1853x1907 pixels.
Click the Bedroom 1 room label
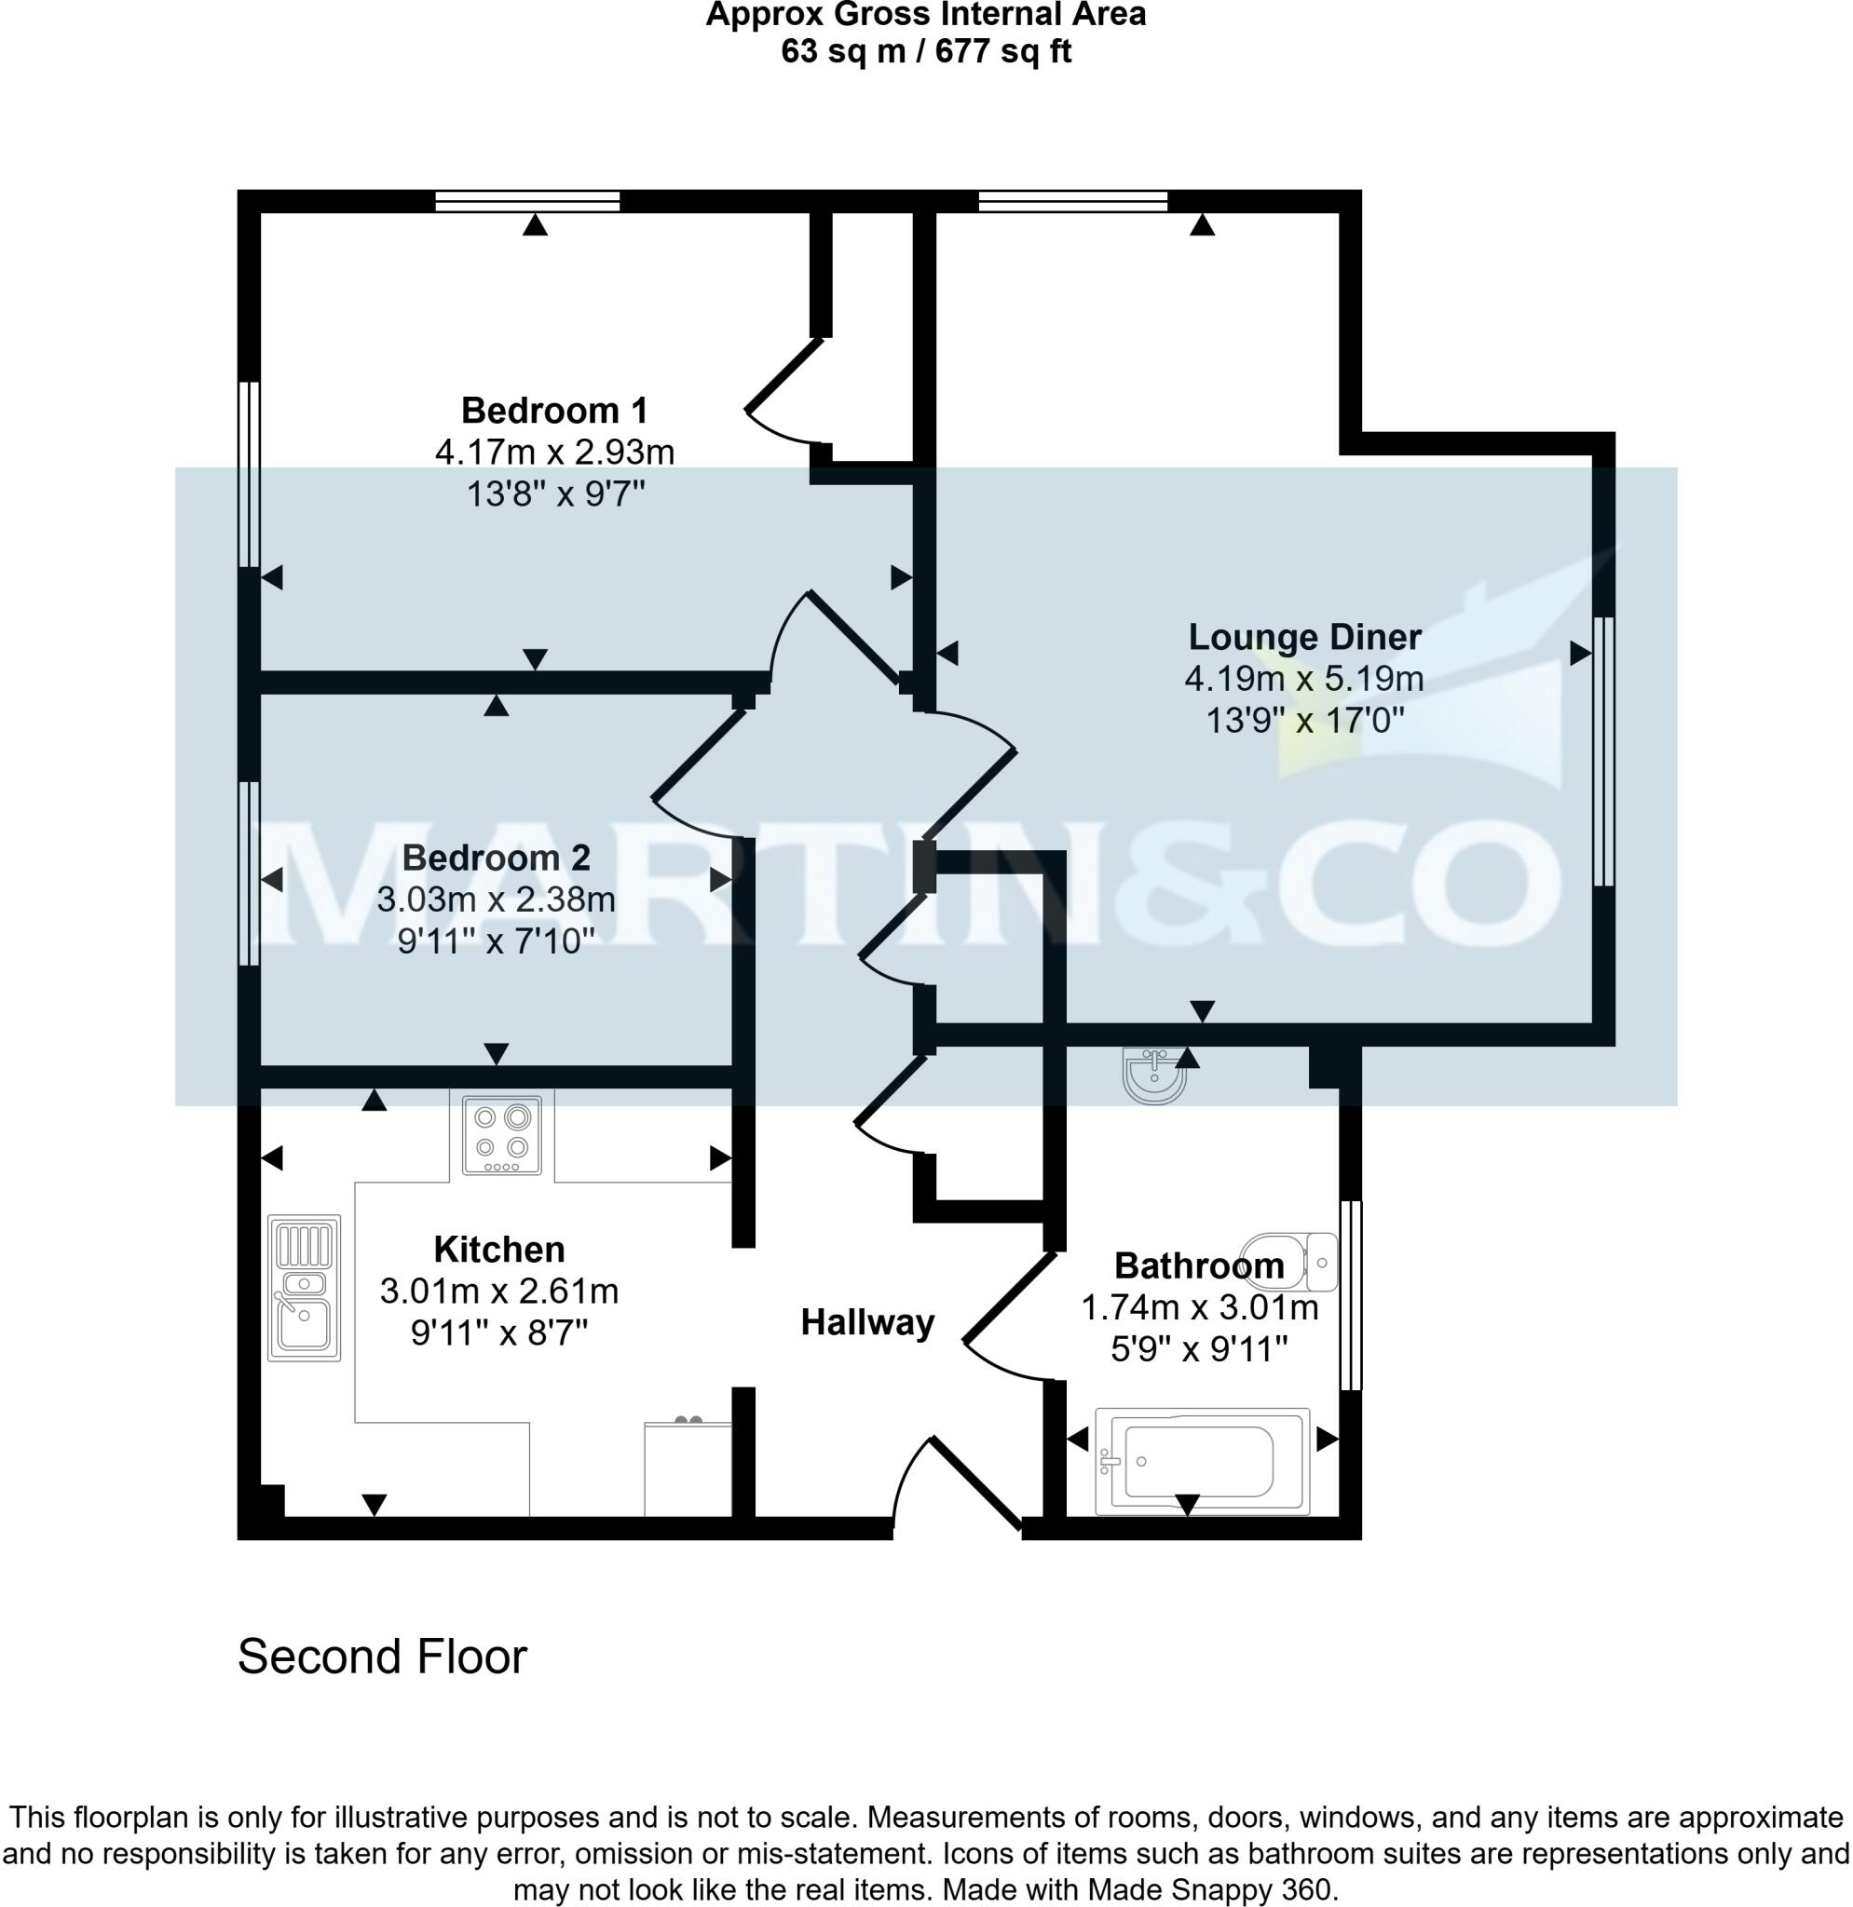(x=553, y=411)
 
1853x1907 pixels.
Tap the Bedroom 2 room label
(x=496, y=859)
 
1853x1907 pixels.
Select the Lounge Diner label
(x=1304, y=637)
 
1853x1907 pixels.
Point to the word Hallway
(x=867, y=1322)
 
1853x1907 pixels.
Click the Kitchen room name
(x=499, y=1250)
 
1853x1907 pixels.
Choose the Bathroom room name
(x=1199, y=1265)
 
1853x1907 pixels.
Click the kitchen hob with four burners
(x=502, y=1135)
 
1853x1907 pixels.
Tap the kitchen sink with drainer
(x=304, y=1287)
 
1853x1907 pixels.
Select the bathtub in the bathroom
(x=1202, y=1461)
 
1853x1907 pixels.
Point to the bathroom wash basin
(x=1155, y=1075)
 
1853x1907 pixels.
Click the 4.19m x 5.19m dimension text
(x=1304, y=679)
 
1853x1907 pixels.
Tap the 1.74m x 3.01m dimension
(x=1200, y=1307)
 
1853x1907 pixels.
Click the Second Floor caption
(x=383, y=1656)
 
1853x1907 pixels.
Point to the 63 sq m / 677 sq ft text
(x=925, y=50)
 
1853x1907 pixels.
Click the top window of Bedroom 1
(x=527, y=201)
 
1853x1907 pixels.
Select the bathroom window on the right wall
(x=1351, y=1295)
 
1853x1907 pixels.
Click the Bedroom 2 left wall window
(x=249, y=873)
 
